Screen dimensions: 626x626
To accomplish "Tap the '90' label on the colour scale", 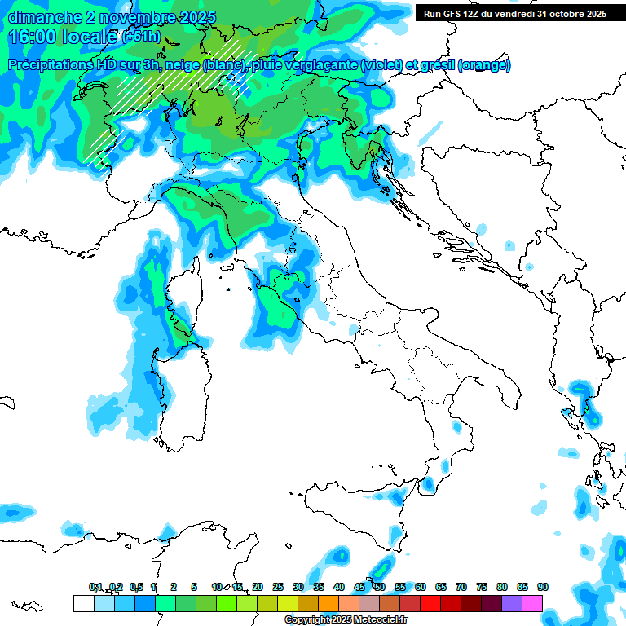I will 542,587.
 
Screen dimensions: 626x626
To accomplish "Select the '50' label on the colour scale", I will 379,587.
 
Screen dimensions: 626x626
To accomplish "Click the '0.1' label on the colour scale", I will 95,587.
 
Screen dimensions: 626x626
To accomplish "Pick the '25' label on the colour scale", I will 278,587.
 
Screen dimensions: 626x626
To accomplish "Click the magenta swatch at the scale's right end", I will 532,603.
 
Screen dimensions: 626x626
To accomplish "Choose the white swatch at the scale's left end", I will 83,603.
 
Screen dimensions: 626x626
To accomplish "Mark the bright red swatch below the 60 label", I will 430,603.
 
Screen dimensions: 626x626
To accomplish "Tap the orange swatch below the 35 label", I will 328,603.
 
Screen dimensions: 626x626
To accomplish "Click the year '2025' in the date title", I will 196,17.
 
